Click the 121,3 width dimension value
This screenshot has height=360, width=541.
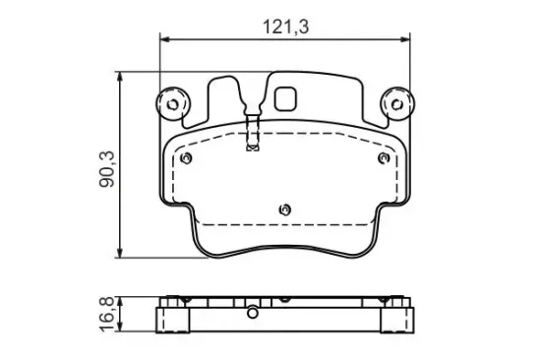point(285,27)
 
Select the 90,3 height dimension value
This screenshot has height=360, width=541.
point(106,169)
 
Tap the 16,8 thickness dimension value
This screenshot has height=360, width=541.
point(106,314)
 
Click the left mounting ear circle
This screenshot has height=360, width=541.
point(172,104)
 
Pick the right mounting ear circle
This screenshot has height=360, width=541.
point(397,104)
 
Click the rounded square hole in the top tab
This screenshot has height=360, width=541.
point(285,98)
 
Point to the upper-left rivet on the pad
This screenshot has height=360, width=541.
point(186,158)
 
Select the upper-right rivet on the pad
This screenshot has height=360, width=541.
point(384,158)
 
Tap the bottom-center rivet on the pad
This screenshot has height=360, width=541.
point(285,210)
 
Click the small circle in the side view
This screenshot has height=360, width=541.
point(253,313)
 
